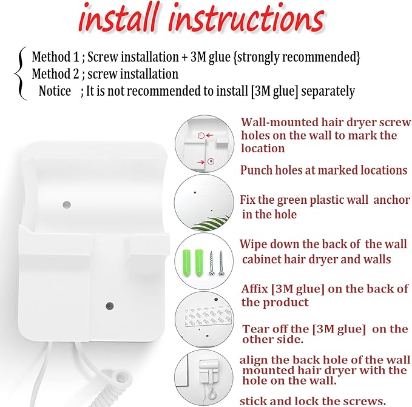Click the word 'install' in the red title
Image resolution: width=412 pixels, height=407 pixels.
pyautogui.click(x=120, y=18)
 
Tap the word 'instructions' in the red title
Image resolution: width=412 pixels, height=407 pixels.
pyautogui.click(x=246, y=18)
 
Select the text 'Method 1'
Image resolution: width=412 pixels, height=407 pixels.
pyautogui.click(x=55, y=57)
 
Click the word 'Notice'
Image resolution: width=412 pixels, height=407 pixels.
pyautogui.click(x=55, y=91)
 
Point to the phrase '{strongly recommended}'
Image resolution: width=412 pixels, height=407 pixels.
pyautogui.click(x=297, y=57)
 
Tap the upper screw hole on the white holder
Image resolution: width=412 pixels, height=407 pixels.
pyautogui.click(x=67, y=204)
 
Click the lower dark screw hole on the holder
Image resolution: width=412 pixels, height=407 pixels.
pyautogui.click(x=110, y=306)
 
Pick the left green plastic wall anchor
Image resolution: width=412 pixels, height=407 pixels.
pyautogui.click(x=186, y=263)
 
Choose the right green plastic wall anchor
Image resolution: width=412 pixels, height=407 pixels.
pyautogui.click(x=200, y=263)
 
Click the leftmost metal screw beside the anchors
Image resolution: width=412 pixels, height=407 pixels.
pyautogui.click(x=211, y=263)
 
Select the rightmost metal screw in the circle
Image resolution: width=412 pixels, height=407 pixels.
pyautogui.click(x=221, y=263)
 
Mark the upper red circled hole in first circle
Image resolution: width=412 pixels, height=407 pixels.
pyautogui.click(x=201, y=135)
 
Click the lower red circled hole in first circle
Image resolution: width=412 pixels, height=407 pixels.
pyautogui.click(x=211, y=161)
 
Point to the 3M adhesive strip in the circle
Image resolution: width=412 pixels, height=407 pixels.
pyautogui.click(x=209, y=316)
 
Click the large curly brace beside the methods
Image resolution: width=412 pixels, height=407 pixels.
pyautogui.click(x=21, y=73)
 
